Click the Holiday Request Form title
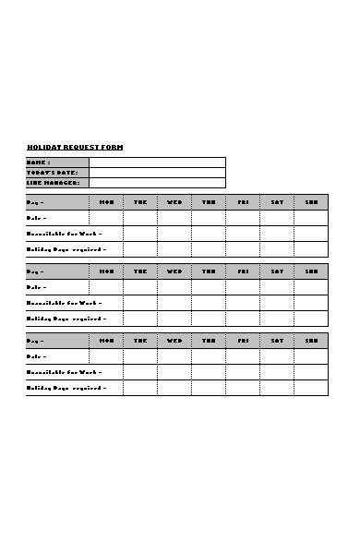coord(75,148)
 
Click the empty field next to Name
coord(157,163)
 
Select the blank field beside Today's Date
coord(157,173)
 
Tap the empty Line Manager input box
coord(157,183)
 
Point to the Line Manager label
coord(54,183)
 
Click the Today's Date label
coord(52,173)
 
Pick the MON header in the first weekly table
coord(106,202)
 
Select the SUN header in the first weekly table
coord(311,202)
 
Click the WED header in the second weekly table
coord(174,271)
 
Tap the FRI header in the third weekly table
coord(243,341)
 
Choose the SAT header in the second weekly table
coord(277,271)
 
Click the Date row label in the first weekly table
coord(37,218)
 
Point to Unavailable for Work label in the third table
coord(65,372)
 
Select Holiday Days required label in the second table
coord(66,319)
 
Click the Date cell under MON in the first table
coord(106,218)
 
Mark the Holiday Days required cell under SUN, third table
coord(311,388)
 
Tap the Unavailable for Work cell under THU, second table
coord(209,303)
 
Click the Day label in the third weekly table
coord(36,341)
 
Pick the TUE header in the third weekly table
coord(140,341)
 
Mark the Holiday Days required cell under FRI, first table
coord(243,249)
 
